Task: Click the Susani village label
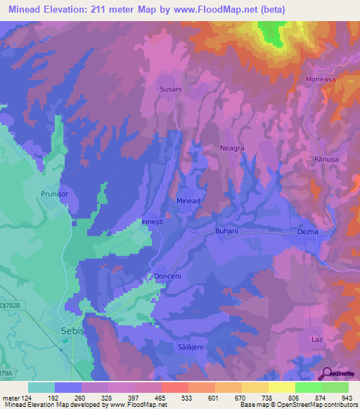coord(172,89)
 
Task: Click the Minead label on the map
coord(188,201)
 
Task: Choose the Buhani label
coord(226,231)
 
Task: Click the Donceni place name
coord(167,276)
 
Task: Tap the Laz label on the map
coord(316,339)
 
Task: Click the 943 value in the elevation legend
coord(346,398)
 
